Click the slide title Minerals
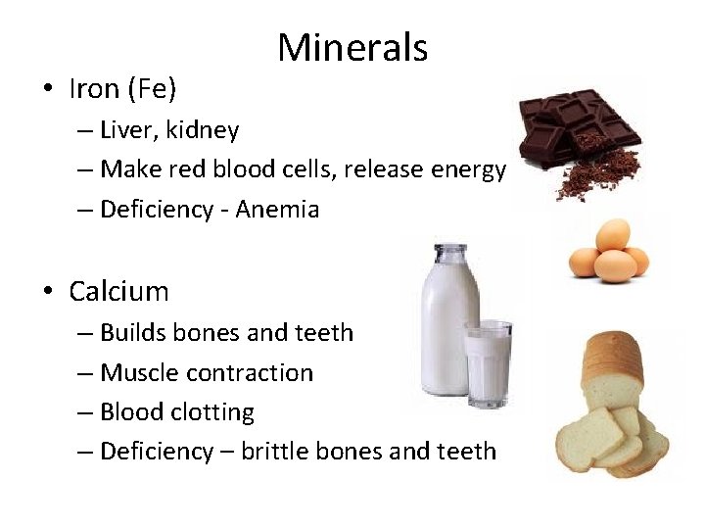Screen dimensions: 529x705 pos(352,47)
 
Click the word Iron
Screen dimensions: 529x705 pos(94,89)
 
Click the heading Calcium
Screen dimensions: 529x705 pos(118,291)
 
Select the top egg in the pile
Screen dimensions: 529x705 pos(613,234)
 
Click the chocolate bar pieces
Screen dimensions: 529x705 pos(578,122)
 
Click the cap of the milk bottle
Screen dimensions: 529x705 pos(440,252)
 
